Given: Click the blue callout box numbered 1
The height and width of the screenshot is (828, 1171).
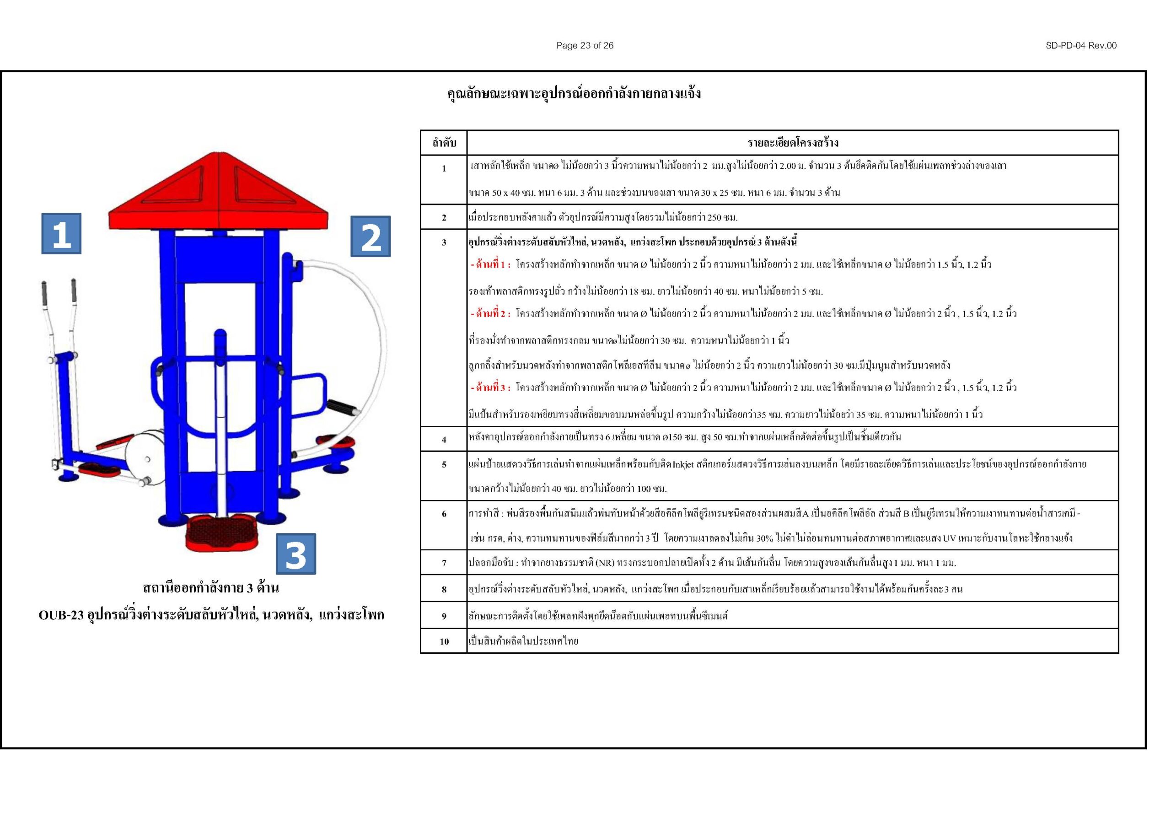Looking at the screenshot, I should (61, 234).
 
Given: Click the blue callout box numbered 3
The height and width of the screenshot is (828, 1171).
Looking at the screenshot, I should (296, 554).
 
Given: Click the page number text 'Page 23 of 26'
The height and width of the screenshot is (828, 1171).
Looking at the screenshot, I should (585, 45).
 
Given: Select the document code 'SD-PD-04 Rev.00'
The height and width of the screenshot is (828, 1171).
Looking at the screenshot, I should (1081, 45).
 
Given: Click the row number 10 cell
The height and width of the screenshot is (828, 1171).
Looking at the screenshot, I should (444, 641).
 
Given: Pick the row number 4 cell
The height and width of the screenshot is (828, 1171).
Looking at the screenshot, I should (444, 439).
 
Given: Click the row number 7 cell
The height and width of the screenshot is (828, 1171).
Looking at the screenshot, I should (444, 563).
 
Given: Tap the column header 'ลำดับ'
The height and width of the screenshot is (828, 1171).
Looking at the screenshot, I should (444, 143).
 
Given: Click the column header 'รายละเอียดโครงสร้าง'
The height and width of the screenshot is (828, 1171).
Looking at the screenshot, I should (793, 143).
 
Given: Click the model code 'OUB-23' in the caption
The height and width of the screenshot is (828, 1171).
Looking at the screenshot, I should (61, 615).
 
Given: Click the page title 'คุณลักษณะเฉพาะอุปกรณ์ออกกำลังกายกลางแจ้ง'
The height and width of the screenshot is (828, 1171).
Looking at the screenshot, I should (574, 94).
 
